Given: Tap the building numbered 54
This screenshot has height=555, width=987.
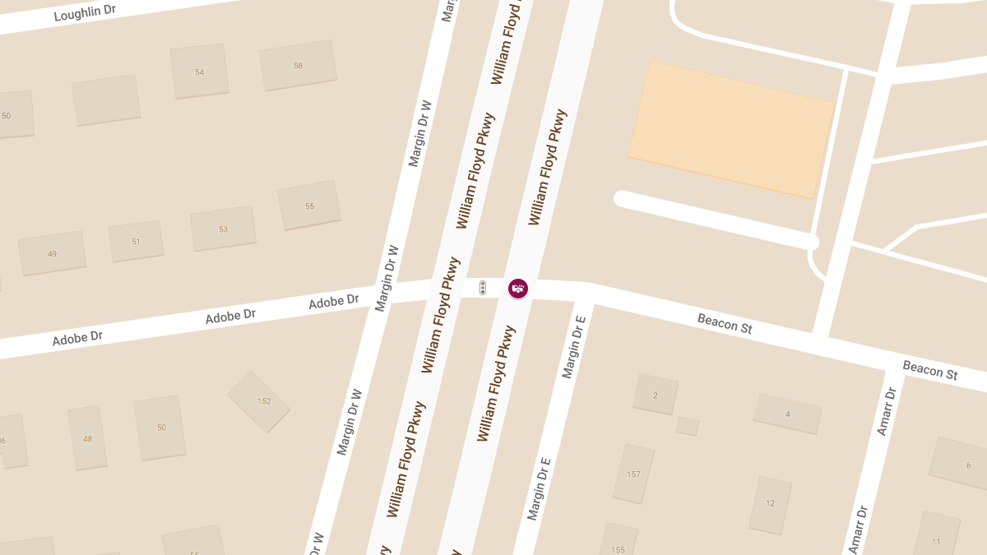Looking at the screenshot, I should (x=199, y=72).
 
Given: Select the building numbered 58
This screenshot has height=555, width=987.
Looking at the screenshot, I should (x=298, y=65).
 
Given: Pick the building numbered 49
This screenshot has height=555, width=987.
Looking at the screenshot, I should (x=53, y=253).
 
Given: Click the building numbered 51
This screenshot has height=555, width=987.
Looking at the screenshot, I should (x=136, y=241).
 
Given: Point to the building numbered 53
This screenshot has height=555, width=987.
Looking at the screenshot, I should (x=223, y=229).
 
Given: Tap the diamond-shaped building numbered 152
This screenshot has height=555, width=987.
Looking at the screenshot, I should (x=259, y=401).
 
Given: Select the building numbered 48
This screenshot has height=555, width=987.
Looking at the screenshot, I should (x=87, y=438).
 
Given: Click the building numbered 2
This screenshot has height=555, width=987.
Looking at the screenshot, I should (x=656, y=395).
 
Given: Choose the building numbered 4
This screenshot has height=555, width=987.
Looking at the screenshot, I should (x=787, y=414).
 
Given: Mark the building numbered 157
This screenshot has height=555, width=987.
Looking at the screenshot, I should (x=633, y=474).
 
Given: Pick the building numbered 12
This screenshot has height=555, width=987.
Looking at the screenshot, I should (x=770, y=503).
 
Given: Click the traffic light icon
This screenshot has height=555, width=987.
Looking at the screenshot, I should (x=484, y=288).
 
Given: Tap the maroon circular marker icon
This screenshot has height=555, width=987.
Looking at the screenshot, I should (x=517, y=289).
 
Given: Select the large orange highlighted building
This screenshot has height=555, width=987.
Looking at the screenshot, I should (x=732, y=130).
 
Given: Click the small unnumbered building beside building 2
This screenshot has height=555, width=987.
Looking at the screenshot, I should (x=687, y=426).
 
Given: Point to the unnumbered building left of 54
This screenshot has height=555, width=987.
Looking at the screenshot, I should (x=105, y=100).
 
